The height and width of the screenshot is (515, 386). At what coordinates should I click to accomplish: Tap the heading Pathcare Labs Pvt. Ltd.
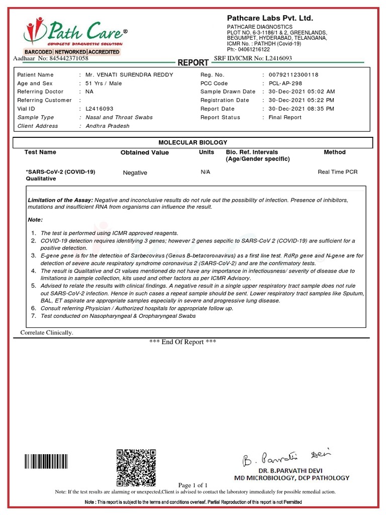[x=270, y=19]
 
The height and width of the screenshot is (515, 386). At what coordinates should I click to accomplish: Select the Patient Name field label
[x=35, y=75]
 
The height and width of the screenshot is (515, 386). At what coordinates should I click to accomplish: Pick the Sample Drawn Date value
[x=302, y=92]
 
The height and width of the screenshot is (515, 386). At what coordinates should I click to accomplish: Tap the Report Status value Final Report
[x=285, y=118]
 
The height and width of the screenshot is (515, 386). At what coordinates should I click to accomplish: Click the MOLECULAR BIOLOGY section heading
[x=193, y=143]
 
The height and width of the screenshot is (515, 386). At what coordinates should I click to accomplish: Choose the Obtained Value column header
[x=145, y=153]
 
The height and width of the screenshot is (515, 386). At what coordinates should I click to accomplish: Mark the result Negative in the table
[x=135, y=173]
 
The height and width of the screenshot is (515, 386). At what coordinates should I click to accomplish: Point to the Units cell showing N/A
[x=206, y=172]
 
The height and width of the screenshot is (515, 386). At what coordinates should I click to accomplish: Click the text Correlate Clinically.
[x=47, y=333]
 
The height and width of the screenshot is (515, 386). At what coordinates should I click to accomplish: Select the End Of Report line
[x=183, y=342]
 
